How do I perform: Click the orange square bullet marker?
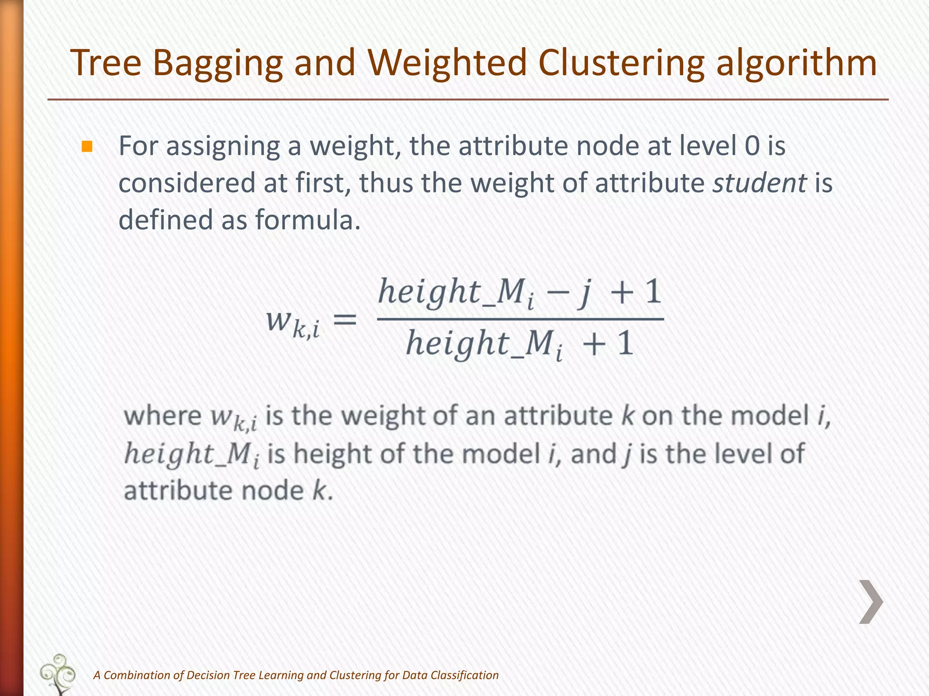tap(87, 147)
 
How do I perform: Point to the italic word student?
tap(759, 183)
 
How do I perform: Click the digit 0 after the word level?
tap(752, 146)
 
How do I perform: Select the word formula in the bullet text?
tap(307, 220)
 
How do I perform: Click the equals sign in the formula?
tap(345, 320)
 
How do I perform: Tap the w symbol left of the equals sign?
tap(278, 320)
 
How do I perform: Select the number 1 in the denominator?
tap(625, 343)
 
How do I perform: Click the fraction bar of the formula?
tap(520, 319)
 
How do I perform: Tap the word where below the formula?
tap(162, 416)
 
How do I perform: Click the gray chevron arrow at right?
tap(871, 602)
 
